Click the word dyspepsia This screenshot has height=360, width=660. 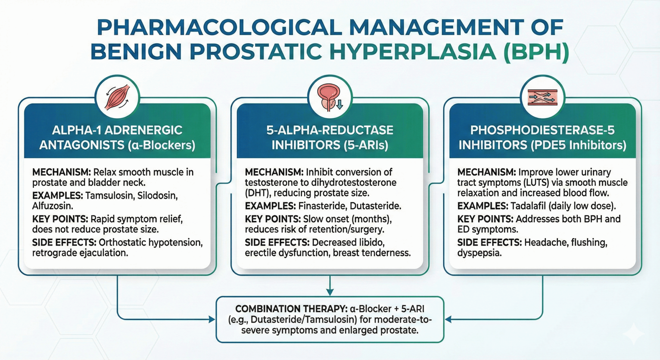pos(480,253)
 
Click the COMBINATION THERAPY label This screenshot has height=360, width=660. pos(291,309)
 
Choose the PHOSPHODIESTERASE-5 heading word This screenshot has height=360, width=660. pos(542,130)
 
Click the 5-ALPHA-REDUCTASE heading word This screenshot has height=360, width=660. pos(330,130)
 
